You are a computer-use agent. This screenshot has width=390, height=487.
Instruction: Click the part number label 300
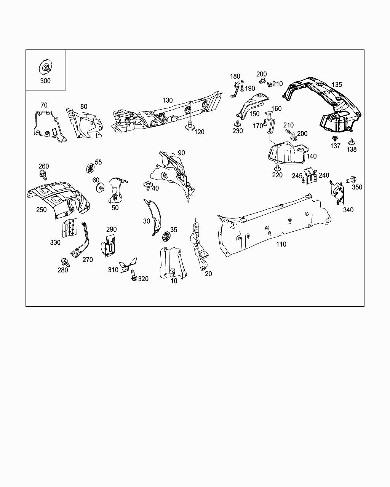coord(45,81)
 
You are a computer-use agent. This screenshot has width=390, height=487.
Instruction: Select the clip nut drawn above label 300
coord(45,67)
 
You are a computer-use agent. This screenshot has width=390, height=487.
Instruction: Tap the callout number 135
coord(337,84)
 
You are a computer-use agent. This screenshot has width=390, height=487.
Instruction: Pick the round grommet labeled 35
coord(166,236)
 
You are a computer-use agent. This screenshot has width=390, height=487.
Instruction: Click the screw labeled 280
coord(64,262)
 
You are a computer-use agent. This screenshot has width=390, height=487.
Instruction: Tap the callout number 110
coord(281,244)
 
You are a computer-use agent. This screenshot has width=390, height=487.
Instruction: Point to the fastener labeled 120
coord(190,126)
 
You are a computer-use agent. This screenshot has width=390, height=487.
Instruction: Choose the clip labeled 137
coord(335,138)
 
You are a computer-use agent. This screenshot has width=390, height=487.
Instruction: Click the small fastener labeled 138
coord(351,142)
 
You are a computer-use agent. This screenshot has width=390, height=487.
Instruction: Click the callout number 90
coord(181,153)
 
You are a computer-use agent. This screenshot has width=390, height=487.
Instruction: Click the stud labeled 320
coord(134,276)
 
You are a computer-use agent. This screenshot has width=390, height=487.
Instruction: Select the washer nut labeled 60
coord(101,188)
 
